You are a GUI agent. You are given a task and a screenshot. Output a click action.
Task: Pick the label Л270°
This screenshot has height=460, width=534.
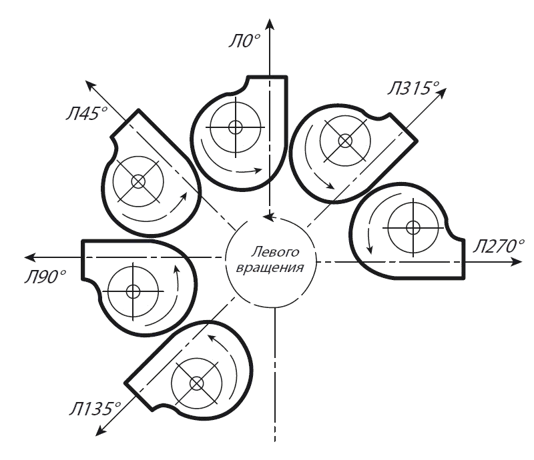(497, 246)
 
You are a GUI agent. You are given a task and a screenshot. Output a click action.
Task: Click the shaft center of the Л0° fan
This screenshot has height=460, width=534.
(235, 127)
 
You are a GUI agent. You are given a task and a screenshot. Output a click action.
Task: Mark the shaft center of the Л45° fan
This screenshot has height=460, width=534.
(138, 181)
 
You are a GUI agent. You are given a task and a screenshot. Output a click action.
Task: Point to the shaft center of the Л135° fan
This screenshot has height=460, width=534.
(196, 383)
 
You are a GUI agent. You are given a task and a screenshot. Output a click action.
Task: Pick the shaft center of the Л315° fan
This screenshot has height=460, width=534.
(345, 140)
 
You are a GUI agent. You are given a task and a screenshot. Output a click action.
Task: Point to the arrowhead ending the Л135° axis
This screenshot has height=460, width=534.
(99, 433)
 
